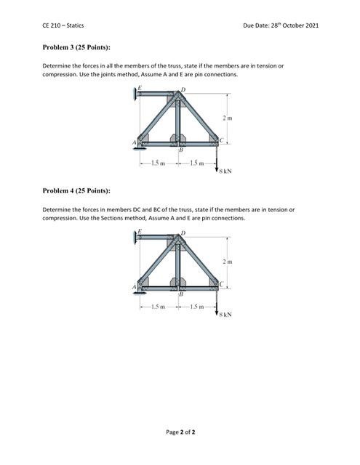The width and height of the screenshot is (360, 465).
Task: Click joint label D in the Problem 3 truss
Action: click(185, 89)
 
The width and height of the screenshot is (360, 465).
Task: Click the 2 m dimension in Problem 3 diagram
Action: click(228, 118)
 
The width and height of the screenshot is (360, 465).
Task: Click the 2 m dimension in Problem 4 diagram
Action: click(228, 260)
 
